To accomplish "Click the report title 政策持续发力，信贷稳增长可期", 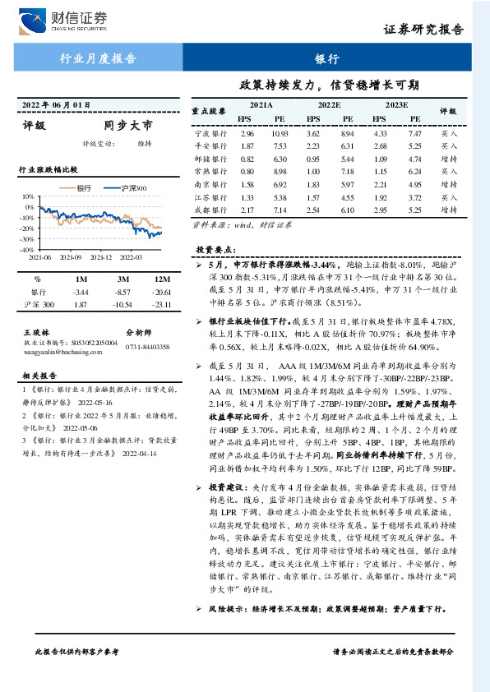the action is (329, 84).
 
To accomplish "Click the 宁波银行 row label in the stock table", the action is (210, 132).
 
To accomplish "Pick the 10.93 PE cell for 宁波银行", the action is (280, 132).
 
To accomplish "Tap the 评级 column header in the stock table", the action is (448, 111).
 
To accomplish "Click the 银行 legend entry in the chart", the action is (79, 188).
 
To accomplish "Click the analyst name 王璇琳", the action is (36, 331).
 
